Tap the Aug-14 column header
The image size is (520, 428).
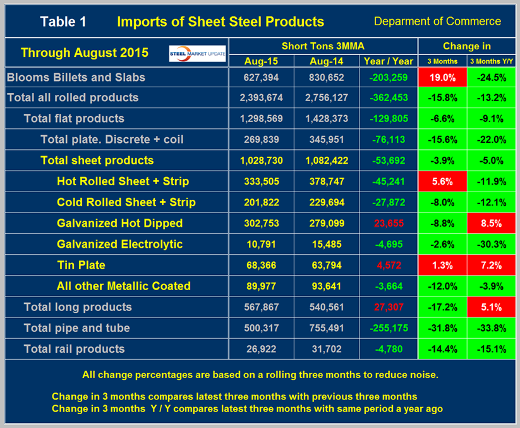tap(327, 61)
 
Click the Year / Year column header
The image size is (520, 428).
tap(389, 61)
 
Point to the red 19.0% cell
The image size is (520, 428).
tap(442, 77)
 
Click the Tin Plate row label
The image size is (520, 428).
tap(81, 265)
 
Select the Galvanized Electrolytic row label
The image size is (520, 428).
tap(119, 244)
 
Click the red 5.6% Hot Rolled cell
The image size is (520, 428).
tap(442, 181)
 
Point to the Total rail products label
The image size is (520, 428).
tap(74, 348)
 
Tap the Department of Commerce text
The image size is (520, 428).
tap(437, 21)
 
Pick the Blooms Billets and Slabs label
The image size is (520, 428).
tap(76, 77)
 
